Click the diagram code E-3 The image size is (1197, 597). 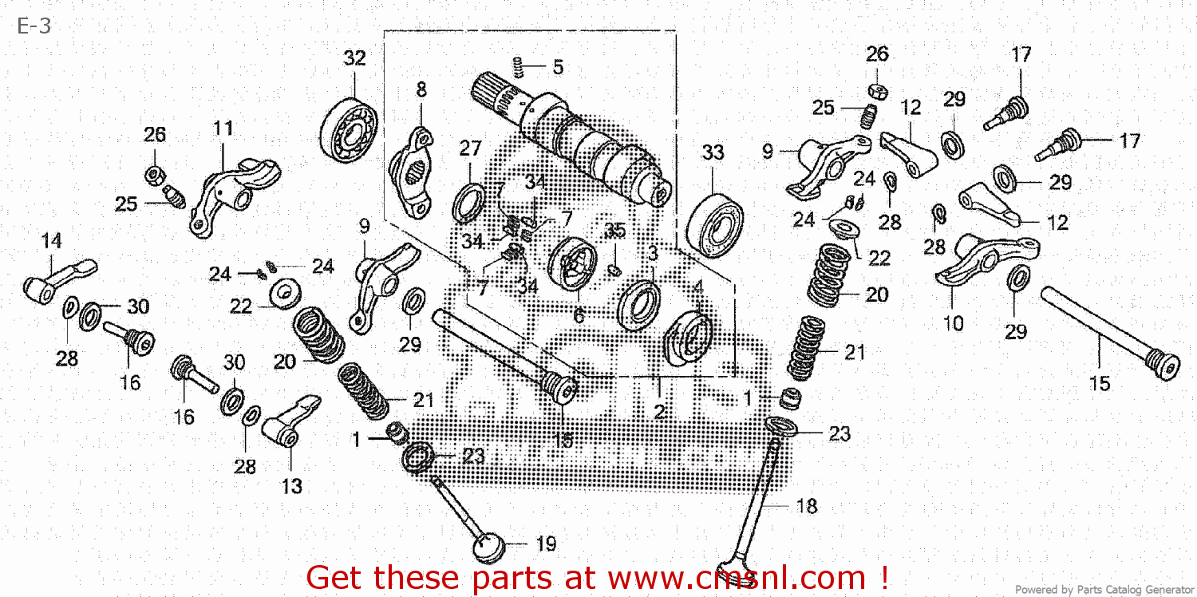(34, 26)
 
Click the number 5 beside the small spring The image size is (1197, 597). (557, 67)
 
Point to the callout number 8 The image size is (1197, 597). (421, 90)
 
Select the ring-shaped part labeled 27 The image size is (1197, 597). (468, 203)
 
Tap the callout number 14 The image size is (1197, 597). (51, 240)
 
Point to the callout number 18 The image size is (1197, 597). (807, 506)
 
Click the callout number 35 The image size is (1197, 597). (614, 231)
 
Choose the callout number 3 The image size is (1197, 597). (652, 254)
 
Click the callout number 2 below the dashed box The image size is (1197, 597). (660, 412)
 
